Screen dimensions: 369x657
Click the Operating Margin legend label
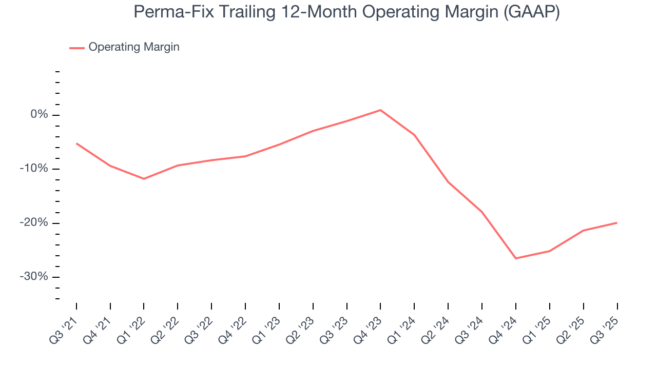pos(134,47)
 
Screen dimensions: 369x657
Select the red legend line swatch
pos(77,48)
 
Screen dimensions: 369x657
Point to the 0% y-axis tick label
pos(39,115)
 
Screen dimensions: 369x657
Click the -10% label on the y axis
pos(35,169)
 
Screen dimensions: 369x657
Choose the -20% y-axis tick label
pos(35,223)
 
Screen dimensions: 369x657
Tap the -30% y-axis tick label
pos(35,277)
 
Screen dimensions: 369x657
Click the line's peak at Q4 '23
pos(380,110)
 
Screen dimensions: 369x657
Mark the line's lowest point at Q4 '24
pos(515,258)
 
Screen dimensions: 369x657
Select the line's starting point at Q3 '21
pos(76,143)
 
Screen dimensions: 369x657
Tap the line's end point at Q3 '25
pos(616,223)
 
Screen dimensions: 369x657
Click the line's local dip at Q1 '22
pos(144,179)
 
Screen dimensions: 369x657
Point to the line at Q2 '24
pos(448,182)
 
